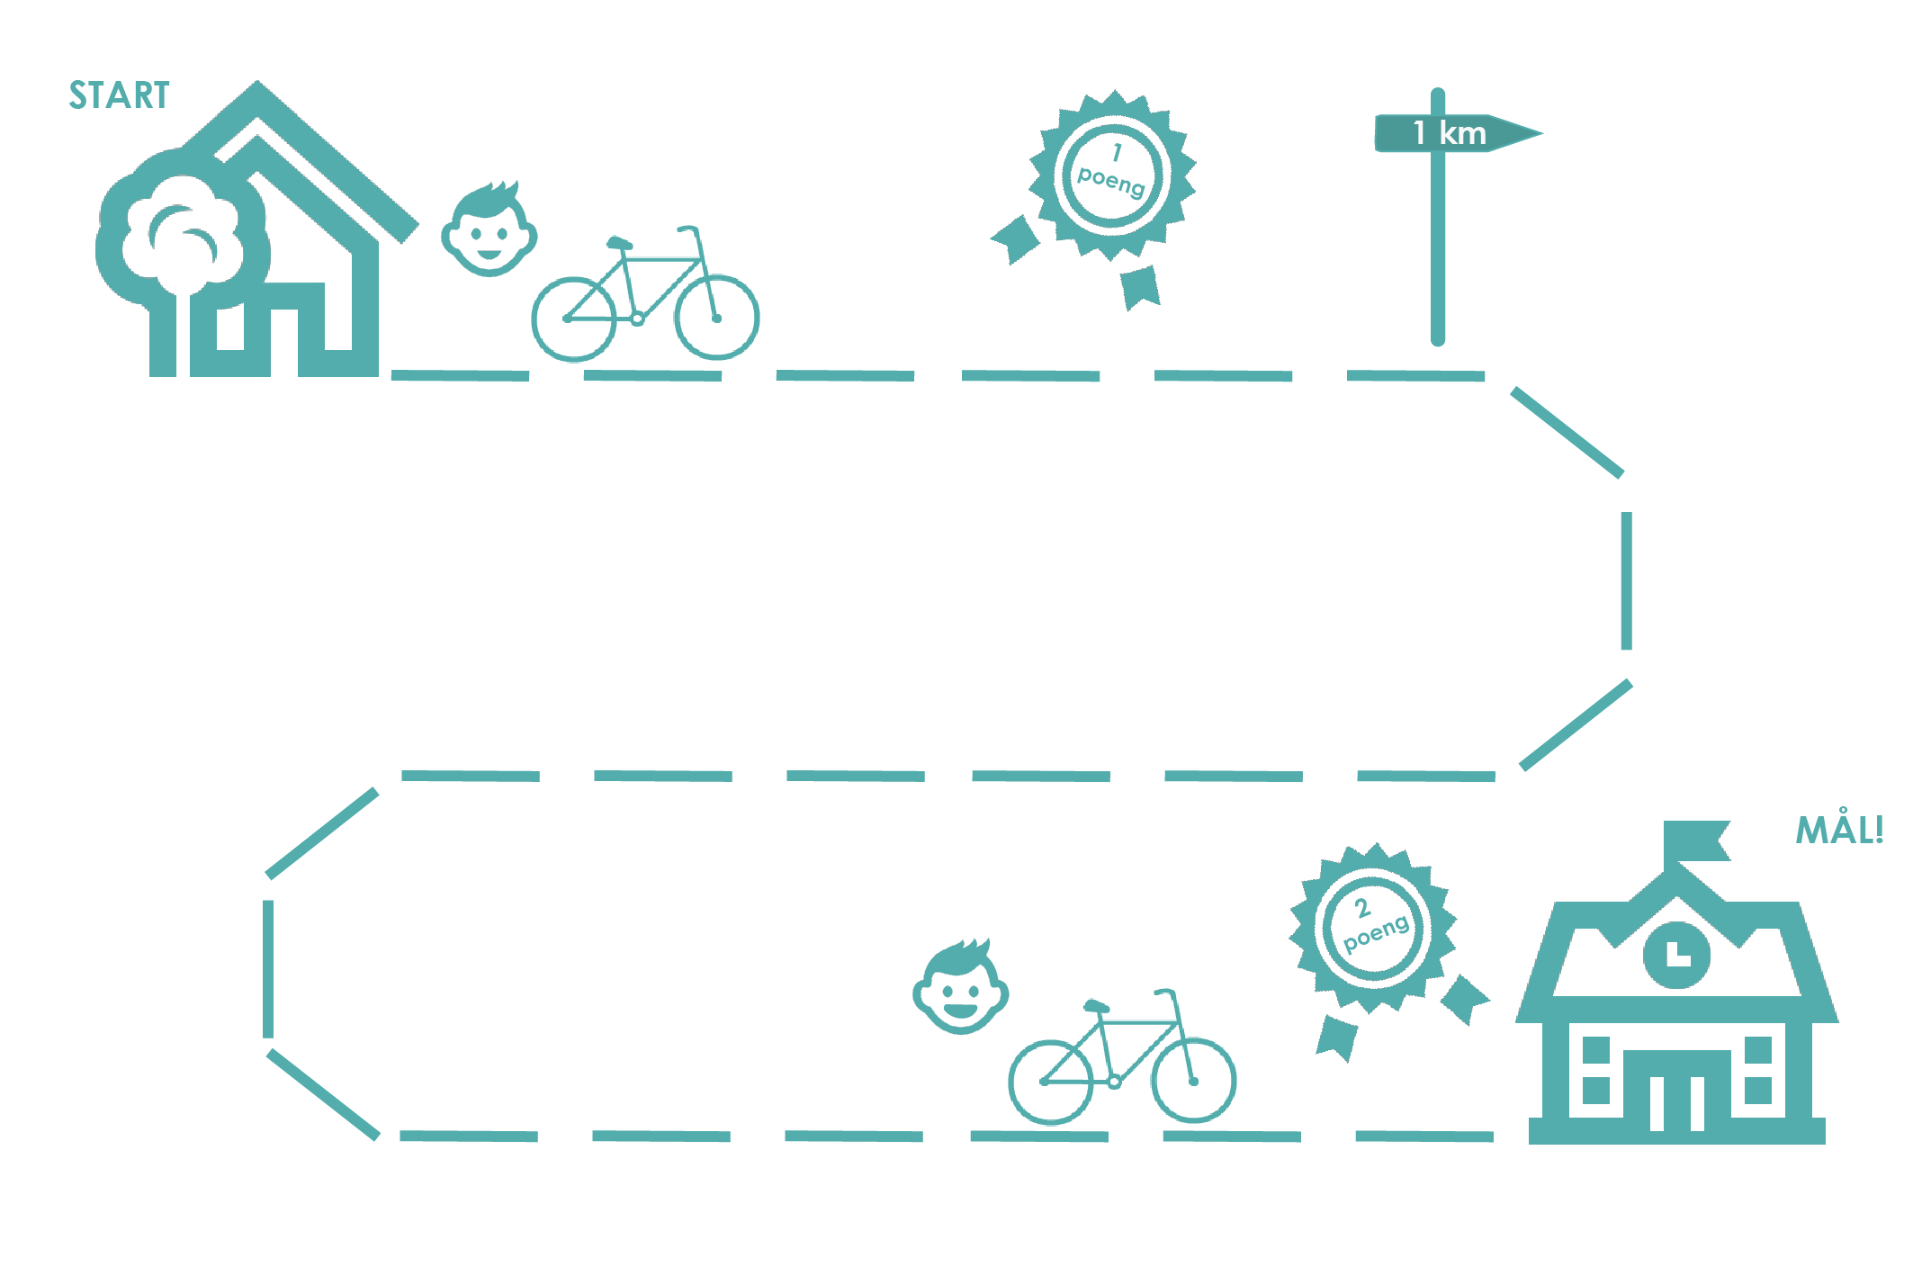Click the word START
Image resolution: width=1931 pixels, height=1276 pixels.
(119, 95)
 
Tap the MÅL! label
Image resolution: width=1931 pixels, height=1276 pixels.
(1838, 831)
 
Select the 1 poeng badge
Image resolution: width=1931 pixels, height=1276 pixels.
(1114, 174)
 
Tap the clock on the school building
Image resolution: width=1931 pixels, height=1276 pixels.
(1676, 954)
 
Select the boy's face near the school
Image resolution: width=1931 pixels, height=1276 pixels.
(960, 989)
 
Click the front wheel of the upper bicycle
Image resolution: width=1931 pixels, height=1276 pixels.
(716, 318)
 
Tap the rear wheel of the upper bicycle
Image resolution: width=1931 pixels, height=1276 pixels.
(573, 319)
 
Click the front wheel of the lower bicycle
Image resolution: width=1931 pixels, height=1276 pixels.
(1193, 1081)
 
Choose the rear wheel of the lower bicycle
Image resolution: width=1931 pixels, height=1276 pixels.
(1050, 1083)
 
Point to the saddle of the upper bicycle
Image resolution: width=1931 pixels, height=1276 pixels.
(618, 243)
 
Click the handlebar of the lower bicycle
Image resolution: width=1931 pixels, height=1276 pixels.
(1166, 993)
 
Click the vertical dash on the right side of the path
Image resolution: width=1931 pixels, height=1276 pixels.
(1626, 580)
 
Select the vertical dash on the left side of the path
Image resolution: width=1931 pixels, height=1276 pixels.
(268, 968)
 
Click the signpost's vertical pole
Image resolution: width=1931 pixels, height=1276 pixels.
(1438, 252)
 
